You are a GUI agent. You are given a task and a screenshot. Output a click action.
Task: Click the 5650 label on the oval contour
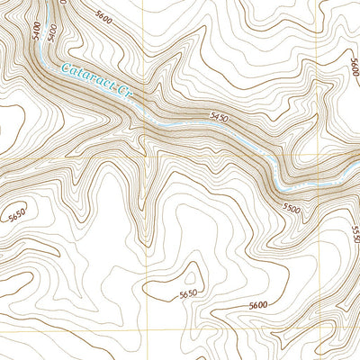tap(188, 294)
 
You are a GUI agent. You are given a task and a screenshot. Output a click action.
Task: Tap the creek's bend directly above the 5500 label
tap(286, 187)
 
